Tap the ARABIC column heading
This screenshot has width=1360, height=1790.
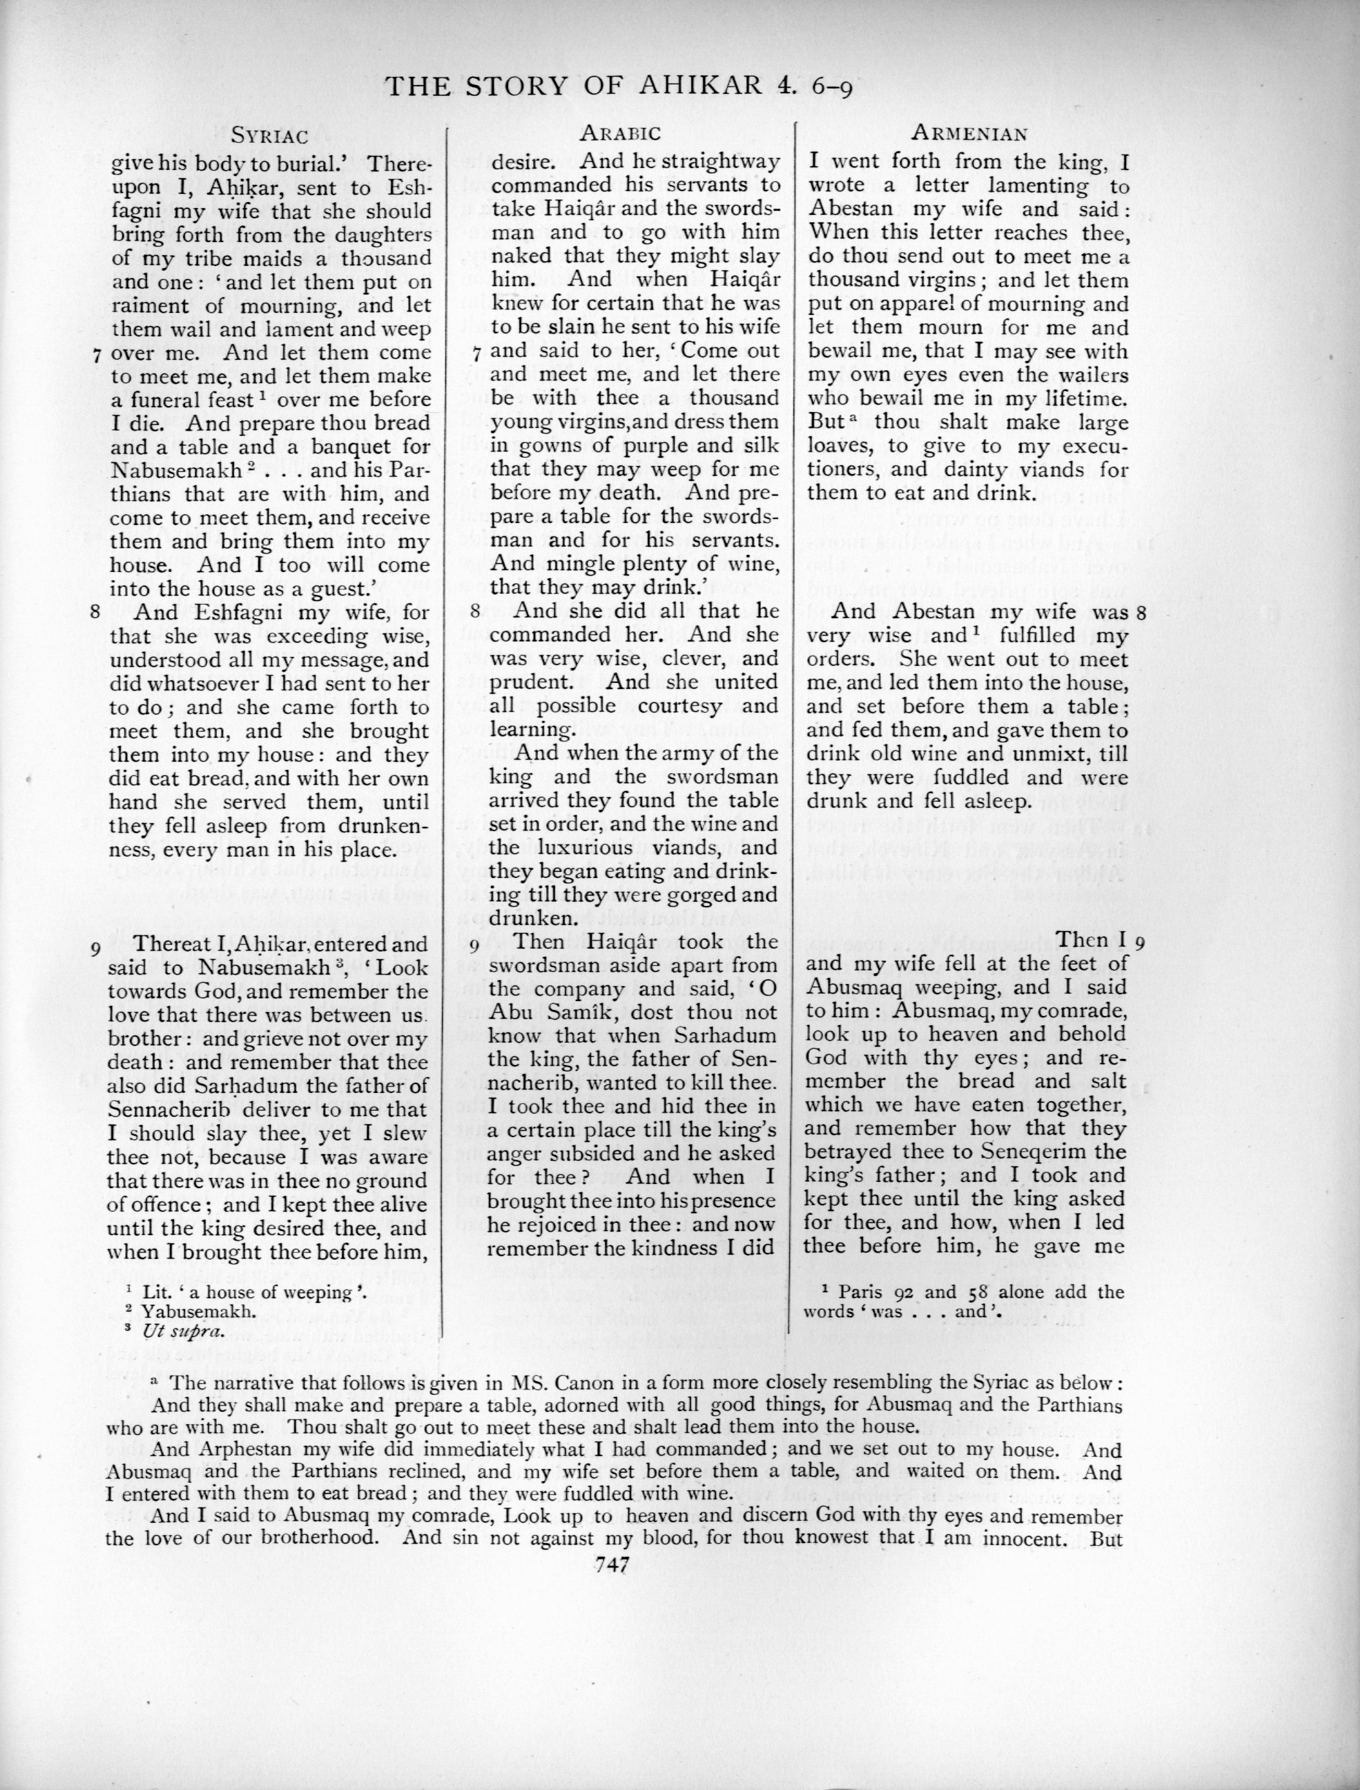click(x=620, y=133)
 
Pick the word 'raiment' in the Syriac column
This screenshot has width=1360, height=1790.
click(x=143, y=306)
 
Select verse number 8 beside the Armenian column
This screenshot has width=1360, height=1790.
click(x=1140, y=613)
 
